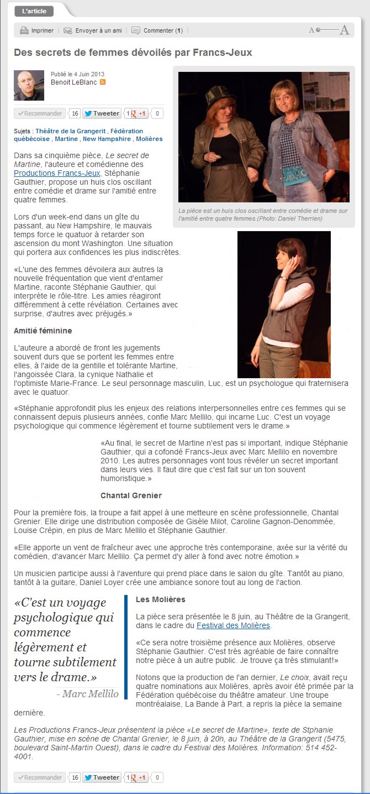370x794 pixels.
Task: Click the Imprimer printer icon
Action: click(24, 30)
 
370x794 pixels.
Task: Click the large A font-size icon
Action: click(345, 30)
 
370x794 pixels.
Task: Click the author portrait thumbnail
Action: click(29, 85)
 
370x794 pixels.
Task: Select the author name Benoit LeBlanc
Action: click(73, 82)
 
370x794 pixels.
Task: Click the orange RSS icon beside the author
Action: click(103, 82)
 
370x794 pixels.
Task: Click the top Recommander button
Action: click(40, 113)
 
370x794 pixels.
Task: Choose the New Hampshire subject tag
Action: click(107, 139)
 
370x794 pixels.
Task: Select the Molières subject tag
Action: click(149, 139)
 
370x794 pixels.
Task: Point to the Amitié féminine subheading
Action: click(43, 331)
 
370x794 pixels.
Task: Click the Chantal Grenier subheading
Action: click(131, 495)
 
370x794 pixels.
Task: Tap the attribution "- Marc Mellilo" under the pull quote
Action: click(87, 694)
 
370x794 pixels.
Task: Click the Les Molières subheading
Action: click(160, 599)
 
